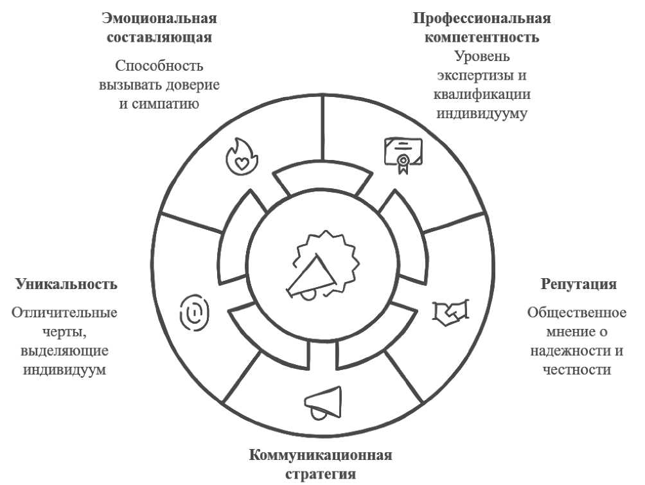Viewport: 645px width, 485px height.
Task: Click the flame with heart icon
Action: pos(240,156)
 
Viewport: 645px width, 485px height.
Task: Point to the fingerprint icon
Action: pos(193,313)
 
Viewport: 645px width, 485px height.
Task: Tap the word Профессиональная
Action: pos(482,18)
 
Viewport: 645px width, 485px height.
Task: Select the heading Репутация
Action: pos(578,284)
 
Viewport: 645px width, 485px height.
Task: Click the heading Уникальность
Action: pos(66,284)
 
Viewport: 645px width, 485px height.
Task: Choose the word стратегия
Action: pos(321,475)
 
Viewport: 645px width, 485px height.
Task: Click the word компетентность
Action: pos(482,37)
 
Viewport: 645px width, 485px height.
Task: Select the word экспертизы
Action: pos(473,75)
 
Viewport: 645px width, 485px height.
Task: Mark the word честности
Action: pos(576,371)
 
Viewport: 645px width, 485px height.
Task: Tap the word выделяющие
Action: pos(64,351)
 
